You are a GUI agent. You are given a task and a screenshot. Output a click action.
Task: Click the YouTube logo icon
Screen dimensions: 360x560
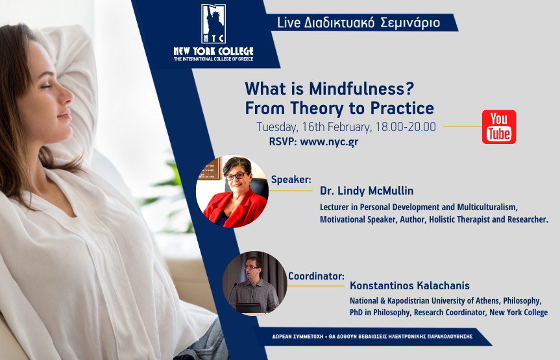(498, 126)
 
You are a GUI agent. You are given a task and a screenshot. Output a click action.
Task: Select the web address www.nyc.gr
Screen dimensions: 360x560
(329, 141)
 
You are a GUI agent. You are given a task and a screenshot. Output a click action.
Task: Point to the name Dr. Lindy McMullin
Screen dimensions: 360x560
(366, 191)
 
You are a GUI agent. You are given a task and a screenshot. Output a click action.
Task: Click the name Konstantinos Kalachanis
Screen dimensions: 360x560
(409, 285)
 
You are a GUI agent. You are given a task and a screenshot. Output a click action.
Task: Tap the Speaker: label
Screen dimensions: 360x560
(291, 179)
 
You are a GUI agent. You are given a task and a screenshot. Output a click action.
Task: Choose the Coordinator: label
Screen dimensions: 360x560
(315, 275)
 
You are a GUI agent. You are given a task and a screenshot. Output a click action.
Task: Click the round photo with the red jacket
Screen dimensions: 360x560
(232, 192)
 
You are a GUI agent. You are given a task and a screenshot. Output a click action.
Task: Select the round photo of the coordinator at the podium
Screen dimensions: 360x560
(254, 283)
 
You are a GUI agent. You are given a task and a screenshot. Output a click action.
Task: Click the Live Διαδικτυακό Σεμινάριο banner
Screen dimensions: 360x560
(358, 23)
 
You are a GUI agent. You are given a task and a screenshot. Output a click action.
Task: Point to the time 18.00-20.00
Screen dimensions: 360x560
(404, 127)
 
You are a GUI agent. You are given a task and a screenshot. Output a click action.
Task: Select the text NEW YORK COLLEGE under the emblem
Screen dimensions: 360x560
(213, 51)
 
